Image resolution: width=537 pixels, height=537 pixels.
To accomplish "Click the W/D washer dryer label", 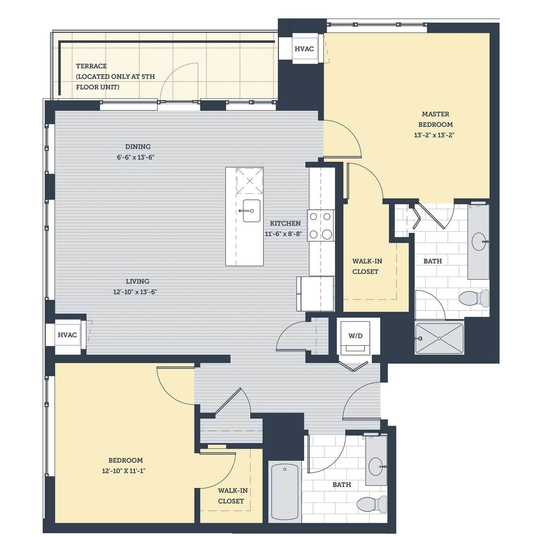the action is pyautogui.click(x=355, y=336).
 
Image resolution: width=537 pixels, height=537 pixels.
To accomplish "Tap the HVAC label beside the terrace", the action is pyautogui.click(x=304, y=49).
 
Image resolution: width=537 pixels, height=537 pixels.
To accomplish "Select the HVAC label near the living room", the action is pyautogui.click(x=67, y=335).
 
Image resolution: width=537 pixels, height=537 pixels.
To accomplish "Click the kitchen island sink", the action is pyautogui.click(x=251, y=211).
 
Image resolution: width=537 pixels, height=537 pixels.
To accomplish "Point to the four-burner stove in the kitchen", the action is pyautogui.click(x=321, y=225).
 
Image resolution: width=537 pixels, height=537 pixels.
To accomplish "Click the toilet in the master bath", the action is pyautogui.click(x=474, y=298).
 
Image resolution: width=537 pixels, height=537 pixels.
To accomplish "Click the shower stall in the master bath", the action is pyautogui.click(x=439, y=338).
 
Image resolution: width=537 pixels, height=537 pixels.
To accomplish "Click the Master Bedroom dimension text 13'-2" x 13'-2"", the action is pyautogui.click(x=435, y=135).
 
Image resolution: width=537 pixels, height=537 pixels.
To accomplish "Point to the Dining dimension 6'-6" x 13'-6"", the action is pyautogui.click(x=136, y=157).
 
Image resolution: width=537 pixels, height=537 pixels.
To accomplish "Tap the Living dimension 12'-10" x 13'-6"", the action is pyautogui.click(x=135, y=292).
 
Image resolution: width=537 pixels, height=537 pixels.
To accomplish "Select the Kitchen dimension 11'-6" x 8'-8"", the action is pyautogui.click(x=283, y=234).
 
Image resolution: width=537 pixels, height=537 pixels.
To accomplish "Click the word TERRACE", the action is pyautogui.click(x=91, y=66).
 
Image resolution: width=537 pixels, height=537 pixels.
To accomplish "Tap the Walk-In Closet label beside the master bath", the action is pyautogui.click(x=367, y=266).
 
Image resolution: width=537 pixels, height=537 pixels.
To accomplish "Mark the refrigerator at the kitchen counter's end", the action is pyautogui.click(x=315, y=294).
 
